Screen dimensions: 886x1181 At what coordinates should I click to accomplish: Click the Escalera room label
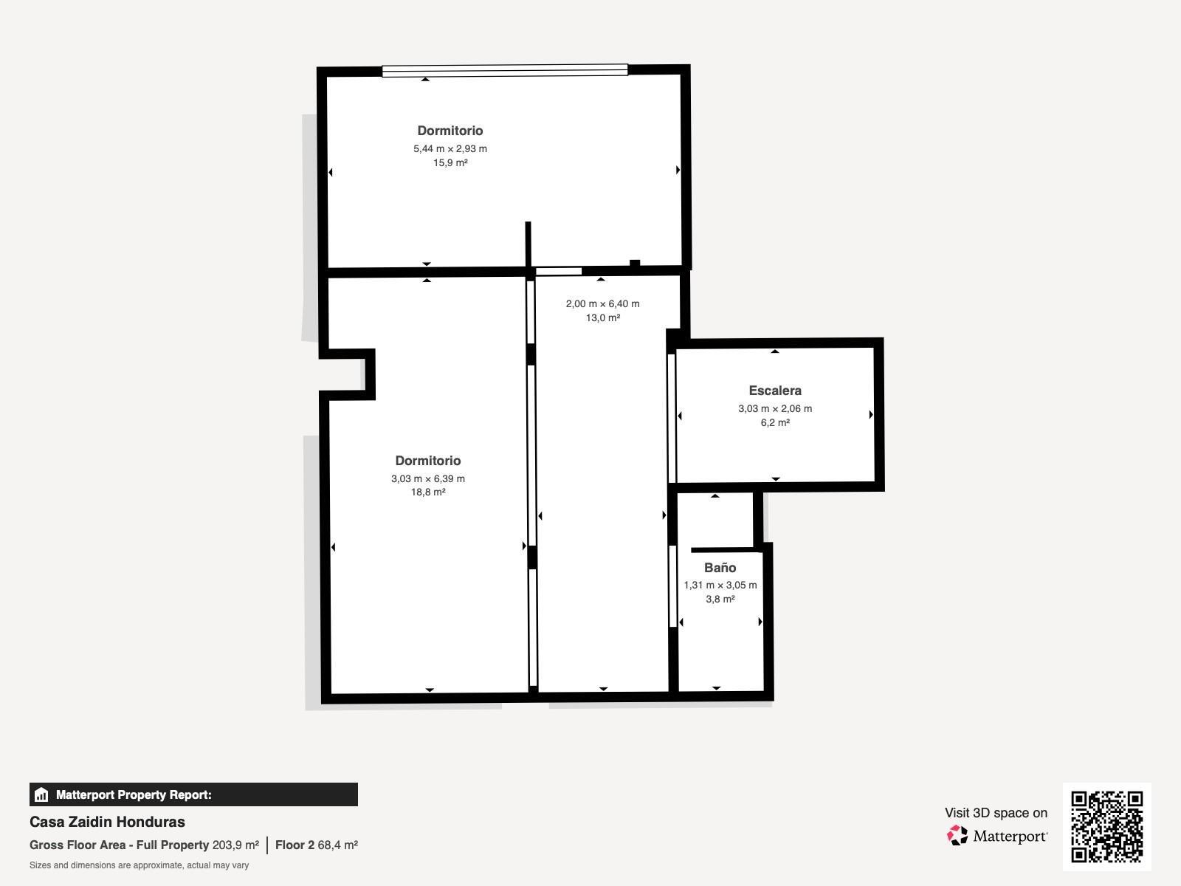point(774,391)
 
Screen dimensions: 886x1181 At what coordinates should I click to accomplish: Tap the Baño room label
point(720,568)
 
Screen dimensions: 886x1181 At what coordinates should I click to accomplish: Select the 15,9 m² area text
point(450,163)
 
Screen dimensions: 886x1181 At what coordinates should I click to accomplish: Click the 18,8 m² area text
point(428,492)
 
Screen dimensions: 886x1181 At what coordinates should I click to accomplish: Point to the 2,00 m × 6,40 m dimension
point(602,304)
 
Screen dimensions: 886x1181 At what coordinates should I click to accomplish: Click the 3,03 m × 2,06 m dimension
point(774,408)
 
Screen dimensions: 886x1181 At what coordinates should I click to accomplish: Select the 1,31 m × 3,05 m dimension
point(720,585)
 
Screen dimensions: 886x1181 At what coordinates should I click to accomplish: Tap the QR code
point(1106,826)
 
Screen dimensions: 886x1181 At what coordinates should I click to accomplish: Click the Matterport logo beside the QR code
point(997,836)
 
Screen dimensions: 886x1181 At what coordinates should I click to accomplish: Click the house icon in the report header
point(41,795)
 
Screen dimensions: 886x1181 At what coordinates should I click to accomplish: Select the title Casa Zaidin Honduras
point(107,822)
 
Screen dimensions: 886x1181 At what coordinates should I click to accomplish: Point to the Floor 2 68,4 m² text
point(317,845)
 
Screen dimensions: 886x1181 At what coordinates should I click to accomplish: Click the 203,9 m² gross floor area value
point(235,845)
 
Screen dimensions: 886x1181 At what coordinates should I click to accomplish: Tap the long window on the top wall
point(504,71)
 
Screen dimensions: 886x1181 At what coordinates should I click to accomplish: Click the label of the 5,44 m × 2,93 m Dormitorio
point(450,131)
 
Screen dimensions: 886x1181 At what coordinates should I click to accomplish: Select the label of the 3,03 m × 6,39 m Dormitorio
point(428,461)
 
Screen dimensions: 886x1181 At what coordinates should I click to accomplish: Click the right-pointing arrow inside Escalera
point(871,415)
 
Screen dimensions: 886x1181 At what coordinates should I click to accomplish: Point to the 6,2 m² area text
point(775,423)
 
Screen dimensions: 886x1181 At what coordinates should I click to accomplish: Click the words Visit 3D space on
point(996,813)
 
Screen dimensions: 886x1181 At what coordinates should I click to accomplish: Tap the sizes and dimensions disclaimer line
point(139,865)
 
